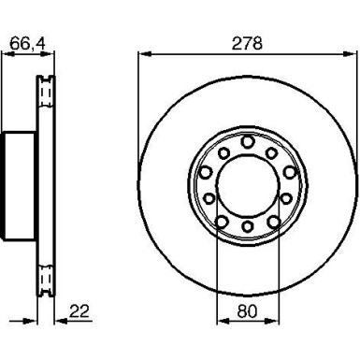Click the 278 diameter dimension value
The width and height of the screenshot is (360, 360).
pos(247,43)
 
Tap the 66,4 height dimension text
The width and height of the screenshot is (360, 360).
pos(27,43)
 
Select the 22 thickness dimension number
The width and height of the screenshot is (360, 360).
pos(79,310)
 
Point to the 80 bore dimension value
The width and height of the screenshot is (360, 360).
pos(247,311)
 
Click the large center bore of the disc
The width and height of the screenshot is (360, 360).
pos(247,184)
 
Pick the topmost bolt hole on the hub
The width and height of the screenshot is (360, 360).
pos(248,142)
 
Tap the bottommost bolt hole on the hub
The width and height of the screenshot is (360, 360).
pos(248,226)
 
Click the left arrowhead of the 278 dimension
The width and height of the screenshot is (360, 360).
pos(145,54)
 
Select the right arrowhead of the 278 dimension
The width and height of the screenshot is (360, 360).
pos(350,54)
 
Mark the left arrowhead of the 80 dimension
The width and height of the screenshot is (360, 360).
pos(223,321)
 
